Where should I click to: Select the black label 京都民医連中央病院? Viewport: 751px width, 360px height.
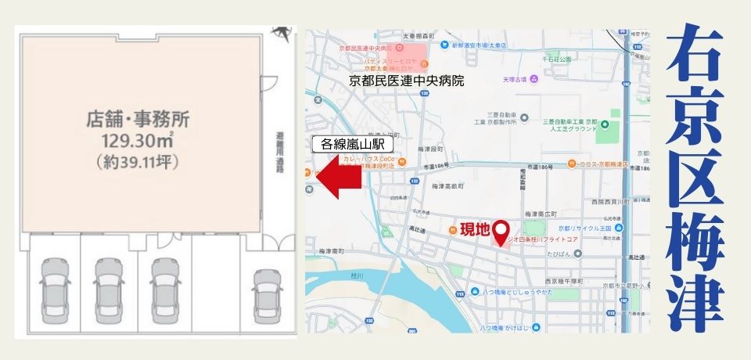[406, 80]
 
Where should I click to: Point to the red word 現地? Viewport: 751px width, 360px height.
[473, 229]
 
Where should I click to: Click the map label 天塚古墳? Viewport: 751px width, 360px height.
[514, 78]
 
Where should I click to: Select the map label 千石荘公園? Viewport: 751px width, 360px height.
[557, 59]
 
